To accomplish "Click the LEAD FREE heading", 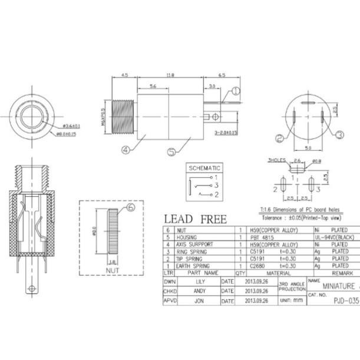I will tap(195, 219).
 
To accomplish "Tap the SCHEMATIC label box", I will tap(204, 167).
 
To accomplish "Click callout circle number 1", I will tap(235, 91).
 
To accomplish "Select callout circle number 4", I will tap(125, 149).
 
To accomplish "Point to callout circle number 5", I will tap(171, 151).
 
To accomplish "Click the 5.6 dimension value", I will tap(153, 87).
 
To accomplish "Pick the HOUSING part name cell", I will tap(190, 236).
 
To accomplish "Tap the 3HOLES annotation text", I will tap(276, 160).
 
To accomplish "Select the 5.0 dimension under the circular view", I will tap(308, 148).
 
